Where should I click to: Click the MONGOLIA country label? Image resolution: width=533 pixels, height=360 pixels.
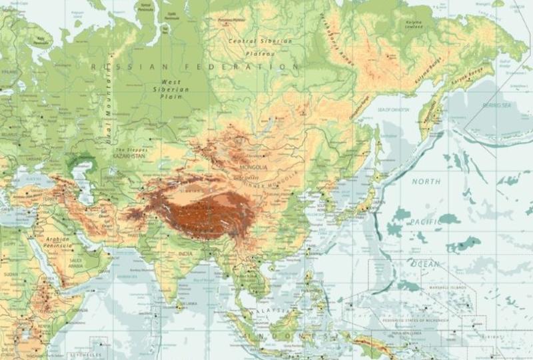(253, 167)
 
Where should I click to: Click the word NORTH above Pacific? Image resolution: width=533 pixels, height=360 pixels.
(426, 181)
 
